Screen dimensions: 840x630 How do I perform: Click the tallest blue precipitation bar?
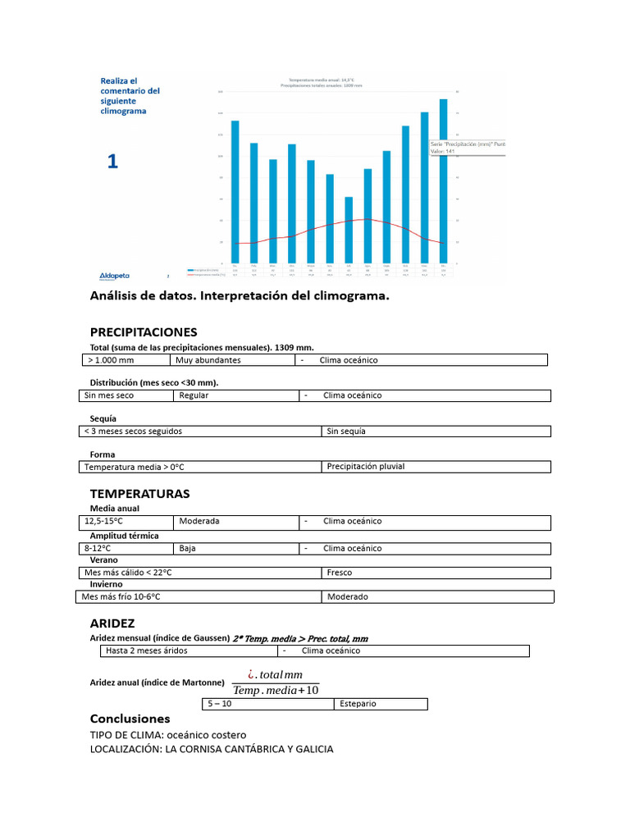pyautogui.click(x=443, y=180)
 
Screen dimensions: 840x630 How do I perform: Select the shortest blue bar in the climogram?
pyautogui.click(x=349, y=230)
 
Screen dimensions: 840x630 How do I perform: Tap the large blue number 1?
pyautogui.click(x=112, y=162)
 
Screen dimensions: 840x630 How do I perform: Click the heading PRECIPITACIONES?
pyautogui.click(x=143, y=332)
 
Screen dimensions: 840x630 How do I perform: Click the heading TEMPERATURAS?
pyautogui.click(x=139, y=494)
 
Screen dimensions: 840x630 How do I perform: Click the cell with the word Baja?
pyautogui.click(x=189, y=548)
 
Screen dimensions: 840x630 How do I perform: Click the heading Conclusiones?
pyautogui.click(x=130, y=719)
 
